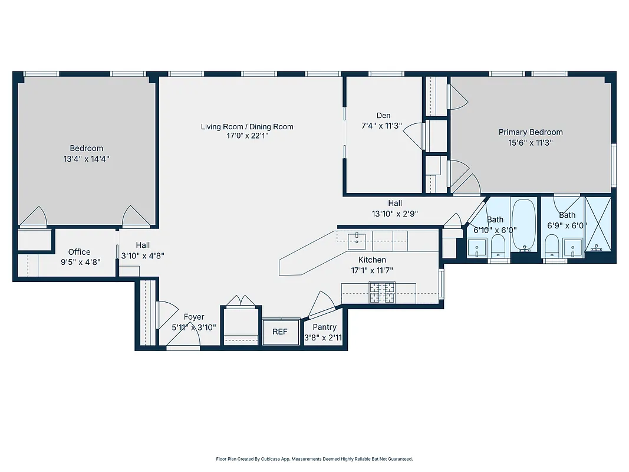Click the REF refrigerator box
pos(280,332)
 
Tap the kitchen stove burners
pos(381,293)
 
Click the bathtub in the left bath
pos(523,225)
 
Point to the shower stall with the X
pos(598,224)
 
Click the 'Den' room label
pos(383,116)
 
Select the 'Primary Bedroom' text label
pos(531,132)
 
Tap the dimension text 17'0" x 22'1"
pos(247,136)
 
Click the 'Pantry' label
pos(325,327)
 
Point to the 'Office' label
pos(80,252)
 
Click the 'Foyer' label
pos(194,317)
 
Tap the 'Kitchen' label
pos(373,260)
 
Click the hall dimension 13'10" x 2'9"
pos(395,214)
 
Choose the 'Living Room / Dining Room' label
pos(247,126)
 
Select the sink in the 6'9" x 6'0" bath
pos(572,247)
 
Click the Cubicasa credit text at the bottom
pos(314,458)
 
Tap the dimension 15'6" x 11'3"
pos(531,142)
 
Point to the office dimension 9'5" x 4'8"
pos(80,262)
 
